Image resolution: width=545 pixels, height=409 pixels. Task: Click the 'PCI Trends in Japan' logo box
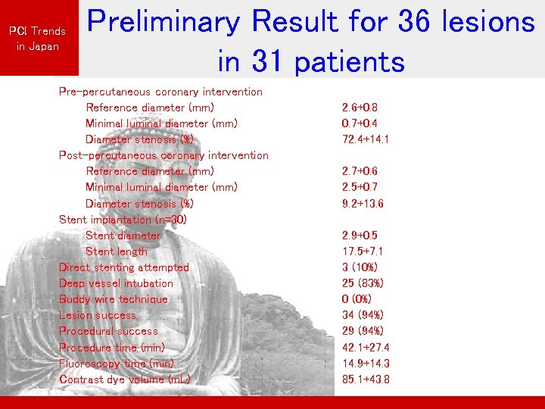click(37, 38)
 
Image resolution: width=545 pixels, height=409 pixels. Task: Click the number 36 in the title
click(420, 23)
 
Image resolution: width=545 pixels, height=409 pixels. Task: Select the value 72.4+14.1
click(366, 139)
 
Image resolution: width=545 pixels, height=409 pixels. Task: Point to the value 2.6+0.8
click(360, 108)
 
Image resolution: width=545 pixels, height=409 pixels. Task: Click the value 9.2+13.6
click(363, 204)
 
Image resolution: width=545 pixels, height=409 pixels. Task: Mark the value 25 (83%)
click(362, 283)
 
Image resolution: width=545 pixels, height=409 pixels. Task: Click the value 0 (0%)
click(357, 299)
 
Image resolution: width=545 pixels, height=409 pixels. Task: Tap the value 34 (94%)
click(362, 315)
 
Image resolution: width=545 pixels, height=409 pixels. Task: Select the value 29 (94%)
click(362, 331)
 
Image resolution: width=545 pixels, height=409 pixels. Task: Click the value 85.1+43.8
click(366, 379)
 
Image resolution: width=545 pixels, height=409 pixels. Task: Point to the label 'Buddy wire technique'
click(114, 299)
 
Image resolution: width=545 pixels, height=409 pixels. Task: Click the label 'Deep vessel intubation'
click(116, 283)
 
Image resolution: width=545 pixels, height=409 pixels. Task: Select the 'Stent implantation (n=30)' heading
click(123, 220)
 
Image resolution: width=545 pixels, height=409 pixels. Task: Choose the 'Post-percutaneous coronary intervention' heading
click(163, 155)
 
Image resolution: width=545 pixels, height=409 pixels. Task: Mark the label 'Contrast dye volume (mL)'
click(124, 379)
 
